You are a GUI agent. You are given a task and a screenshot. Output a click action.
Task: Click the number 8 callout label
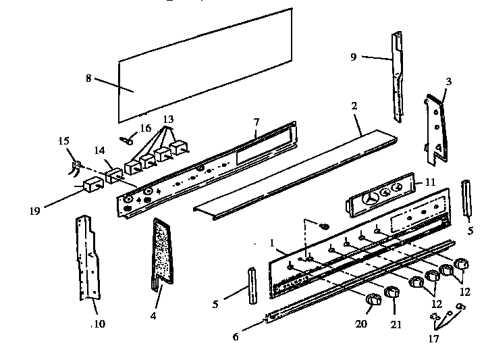pos(88,78)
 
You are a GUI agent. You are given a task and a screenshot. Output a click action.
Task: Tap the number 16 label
pos(145,128)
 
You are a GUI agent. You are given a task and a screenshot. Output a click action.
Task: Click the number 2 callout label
pos(354,105)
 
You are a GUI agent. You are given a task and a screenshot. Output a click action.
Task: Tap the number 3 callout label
pos(449,81)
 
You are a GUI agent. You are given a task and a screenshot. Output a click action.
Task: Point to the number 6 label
pos(236,336)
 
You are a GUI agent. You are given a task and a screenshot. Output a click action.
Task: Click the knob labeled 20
pos(373,301)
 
